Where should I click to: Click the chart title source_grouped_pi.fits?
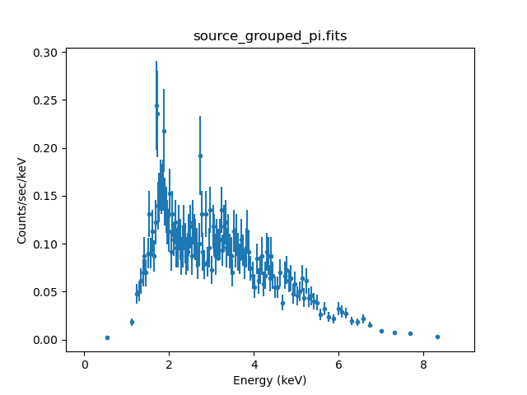(x=269, y=36)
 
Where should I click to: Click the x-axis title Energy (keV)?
(x=269, y=380)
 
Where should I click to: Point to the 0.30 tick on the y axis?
(x=46, y=53)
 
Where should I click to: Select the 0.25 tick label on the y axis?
(x=46, y=100)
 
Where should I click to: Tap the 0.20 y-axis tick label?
(x=46, y=148)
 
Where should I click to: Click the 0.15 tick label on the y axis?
(x=46, y=196)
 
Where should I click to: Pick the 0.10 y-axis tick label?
(x=46, y=244)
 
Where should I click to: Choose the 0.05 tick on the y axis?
(x=46, y=292)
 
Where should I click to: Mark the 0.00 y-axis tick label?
(x=46, y=340)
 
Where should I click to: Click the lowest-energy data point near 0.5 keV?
(x=107, y=337)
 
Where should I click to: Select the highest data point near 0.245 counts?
(x=156, y=105)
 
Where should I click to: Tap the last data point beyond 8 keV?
(x=437, y=337)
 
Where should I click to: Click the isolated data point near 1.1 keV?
(x=132, y=322)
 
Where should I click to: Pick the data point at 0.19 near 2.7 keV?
(x=200, y=156)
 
